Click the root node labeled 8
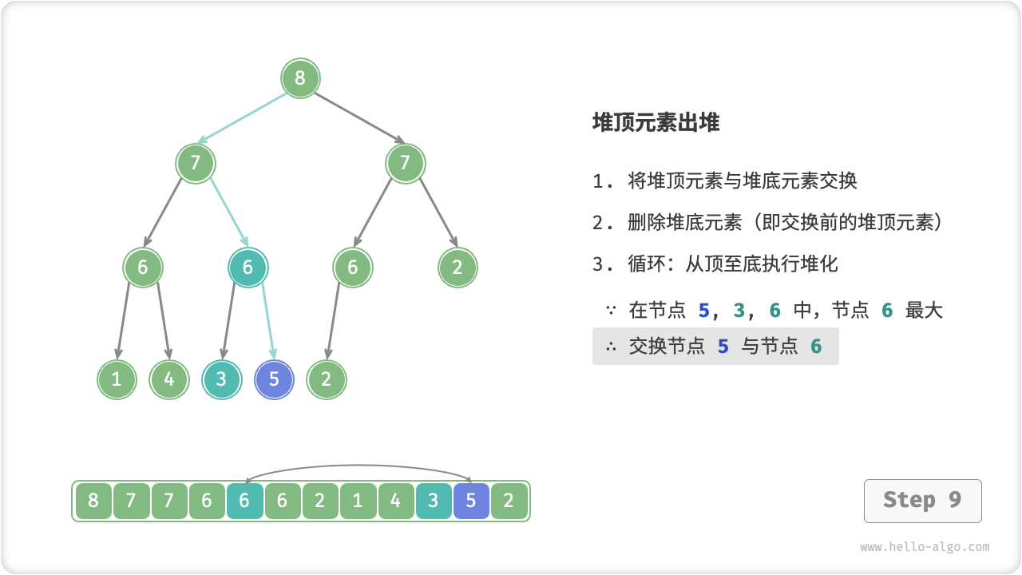click(300, 78)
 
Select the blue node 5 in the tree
click(274, 379)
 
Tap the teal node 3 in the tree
click(222, 379)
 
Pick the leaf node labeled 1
click(117, 379)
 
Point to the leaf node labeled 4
click(169, 379)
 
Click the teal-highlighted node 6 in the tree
click(248, 268)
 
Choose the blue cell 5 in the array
click(471, 502)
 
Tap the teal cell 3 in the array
click(434, 502)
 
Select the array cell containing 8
click(93, 502)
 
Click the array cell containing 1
click(358, 502)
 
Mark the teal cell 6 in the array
click(244, 502)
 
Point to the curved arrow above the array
click(358, 466)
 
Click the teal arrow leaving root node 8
click(244, 118)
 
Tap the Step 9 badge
click(922, 501)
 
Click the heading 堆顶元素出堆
click(656, 122)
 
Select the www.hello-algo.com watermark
click(925, 547)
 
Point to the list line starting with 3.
click(715, 264)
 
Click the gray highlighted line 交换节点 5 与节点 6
click(715, 346)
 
